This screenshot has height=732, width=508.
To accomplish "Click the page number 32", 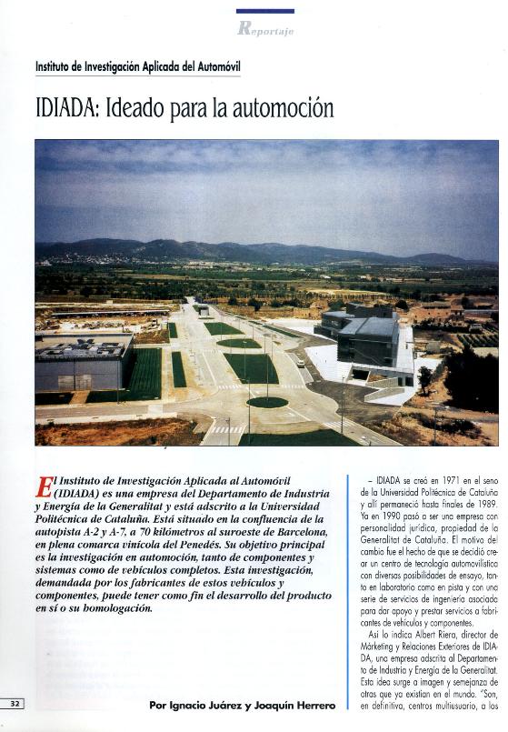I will click(16, 703).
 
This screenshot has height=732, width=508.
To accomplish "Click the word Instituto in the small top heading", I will click(55, 66).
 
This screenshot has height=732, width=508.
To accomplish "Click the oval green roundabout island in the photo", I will click(266, 402).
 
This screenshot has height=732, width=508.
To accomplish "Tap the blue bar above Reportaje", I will click(264, 11).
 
